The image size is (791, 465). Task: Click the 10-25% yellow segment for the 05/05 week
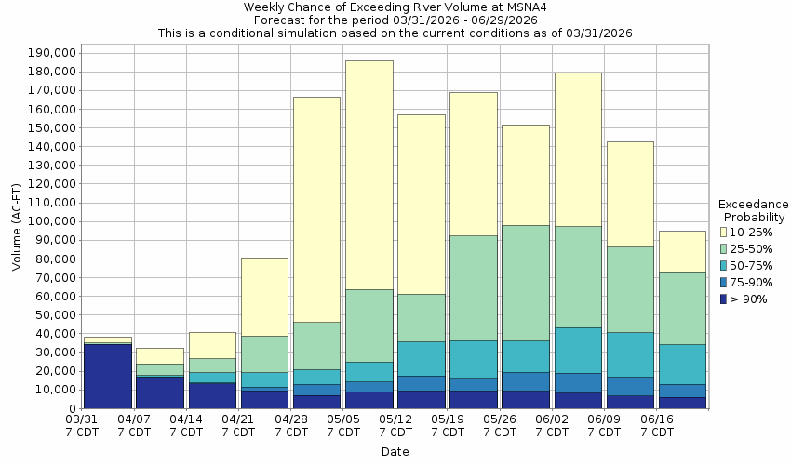pyautogui.click(x=369, y=175)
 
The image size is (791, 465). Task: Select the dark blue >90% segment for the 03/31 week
pyautogui.click(x=107, y=376)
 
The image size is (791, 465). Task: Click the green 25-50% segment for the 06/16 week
pyautogui.click(x=681, y=308)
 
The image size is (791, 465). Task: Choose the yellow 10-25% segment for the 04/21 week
pyautogui.click(x=264, y=297)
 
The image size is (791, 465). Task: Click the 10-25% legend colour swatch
pyautogui.click(x=723, y=232)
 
